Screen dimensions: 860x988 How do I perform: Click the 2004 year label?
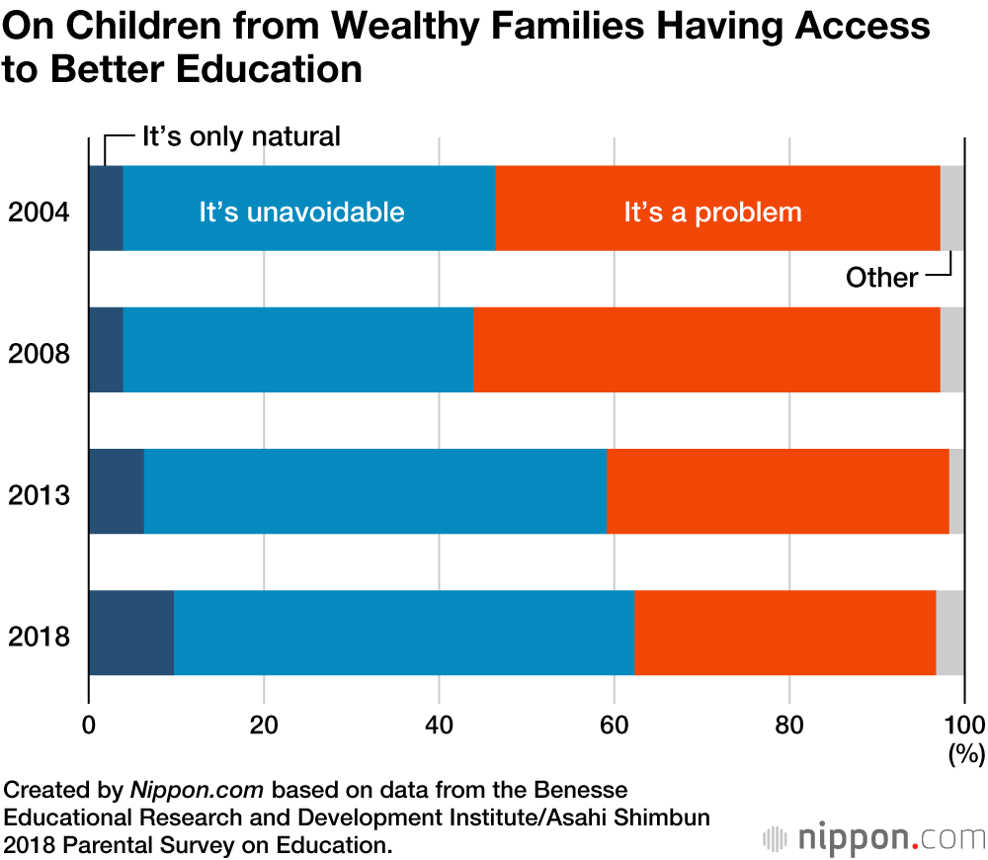point(39,213)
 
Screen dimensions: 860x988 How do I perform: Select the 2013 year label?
point(39,494)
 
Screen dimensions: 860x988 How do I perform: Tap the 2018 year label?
point(39,636)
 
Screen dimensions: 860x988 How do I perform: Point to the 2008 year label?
point(39,353)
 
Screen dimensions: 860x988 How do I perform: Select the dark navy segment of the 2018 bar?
point(130,633)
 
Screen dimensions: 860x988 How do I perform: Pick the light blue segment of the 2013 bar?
point(374,491)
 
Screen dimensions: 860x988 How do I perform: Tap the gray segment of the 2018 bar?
point(949,633)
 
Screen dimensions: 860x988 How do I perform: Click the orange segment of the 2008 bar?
point(706,350)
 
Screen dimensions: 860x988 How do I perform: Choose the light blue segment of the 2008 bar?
point(297,350)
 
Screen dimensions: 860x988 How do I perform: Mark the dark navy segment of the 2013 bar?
point(116,491)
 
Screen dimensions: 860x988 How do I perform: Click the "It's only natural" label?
point(241,136)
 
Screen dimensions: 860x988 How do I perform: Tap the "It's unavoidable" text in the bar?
point(301,213)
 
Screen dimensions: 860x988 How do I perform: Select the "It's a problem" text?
point(712,213)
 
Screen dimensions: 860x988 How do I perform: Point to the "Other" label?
point(881,278)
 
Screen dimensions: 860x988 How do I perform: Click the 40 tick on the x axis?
point(439,723)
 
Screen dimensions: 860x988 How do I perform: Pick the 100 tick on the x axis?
point(964,723)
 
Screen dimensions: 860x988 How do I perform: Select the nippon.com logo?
point(873,838)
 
